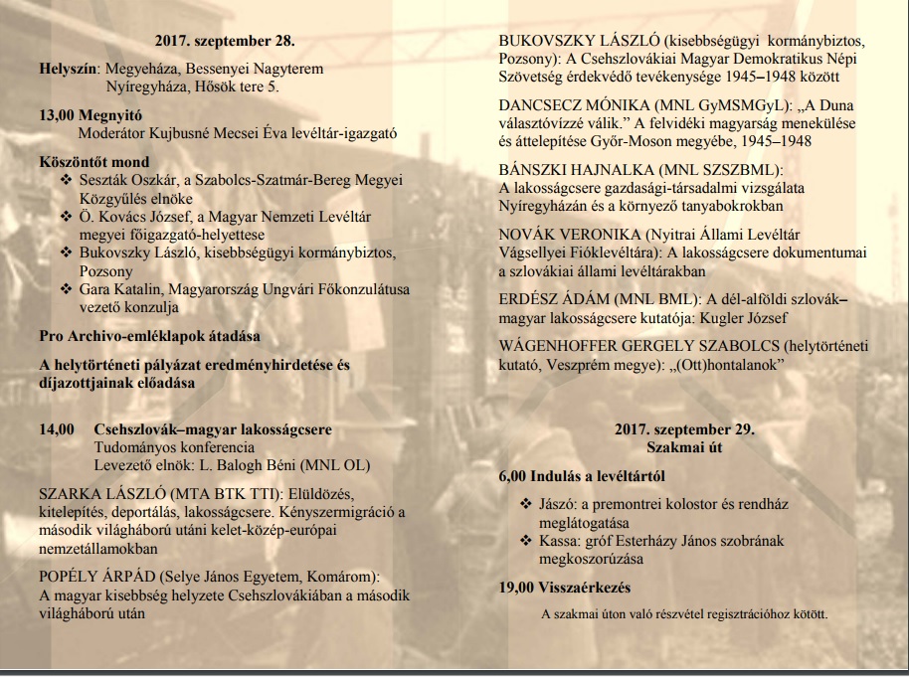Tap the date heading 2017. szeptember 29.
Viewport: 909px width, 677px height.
pos(683,430)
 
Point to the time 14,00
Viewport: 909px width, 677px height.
pos(56,430)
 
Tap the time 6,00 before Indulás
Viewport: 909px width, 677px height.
pos(513,476)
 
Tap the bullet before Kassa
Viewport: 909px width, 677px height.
pos(526,542)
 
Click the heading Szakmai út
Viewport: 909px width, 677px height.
pos(683,447)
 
